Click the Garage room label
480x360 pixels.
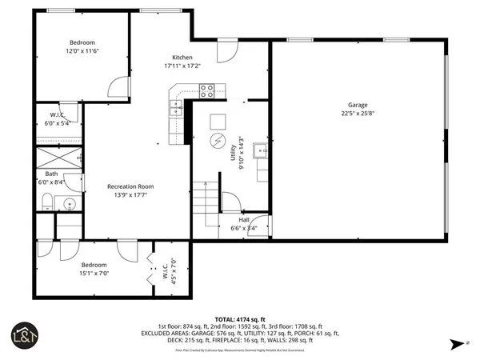click(x=357, y=106)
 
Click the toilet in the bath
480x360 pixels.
click(x=47, y=200)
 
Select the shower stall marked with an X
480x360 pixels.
click(x=58, y=157)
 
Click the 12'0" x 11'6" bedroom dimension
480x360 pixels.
click(x=82, y=50)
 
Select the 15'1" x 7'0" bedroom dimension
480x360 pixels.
click(x=94, y=273)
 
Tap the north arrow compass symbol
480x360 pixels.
click(x=456, y=345)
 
